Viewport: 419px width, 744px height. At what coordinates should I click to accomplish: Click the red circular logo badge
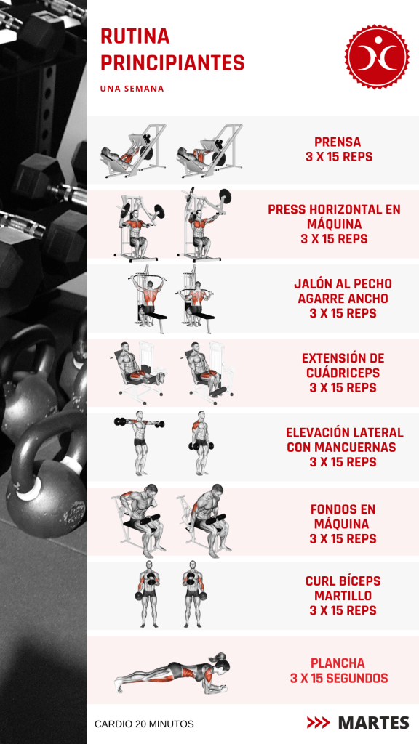tap(377, 56)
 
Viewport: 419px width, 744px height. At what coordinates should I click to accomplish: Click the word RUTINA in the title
tap(135, 36)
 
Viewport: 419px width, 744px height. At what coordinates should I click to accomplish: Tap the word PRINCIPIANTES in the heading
tap(172, 62)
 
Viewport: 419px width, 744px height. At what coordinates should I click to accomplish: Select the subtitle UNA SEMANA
tap(132, 89)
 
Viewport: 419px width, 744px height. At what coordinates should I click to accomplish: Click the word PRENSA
tap(338, 142)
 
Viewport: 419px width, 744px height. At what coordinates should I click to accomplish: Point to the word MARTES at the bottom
tap(373, 723)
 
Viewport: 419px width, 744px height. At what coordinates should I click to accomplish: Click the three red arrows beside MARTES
tap(319, 723)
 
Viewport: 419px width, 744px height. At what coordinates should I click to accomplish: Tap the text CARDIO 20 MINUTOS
tap(144, 724)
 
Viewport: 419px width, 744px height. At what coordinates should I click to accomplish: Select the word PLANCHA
tap(338, 663)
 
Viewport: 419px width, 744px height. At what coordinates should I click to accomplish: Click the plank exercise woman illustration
tap(172, 672)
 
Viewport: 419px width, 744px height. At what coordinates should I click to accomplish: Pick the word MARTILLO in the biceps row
tap(343, 596)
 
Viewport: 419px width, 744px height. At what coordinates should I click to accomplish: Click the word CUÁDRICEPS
tap(343, 373)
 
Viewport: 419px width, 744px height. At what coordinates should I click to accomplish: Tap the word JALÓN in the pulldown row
tap(312, 284)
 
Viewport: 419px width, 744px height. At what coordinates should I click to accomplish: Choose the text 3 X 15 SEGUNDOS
tap(339, 678)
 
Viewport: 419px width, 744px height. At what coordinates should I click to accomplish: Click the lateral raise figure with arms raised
tap(140, 443)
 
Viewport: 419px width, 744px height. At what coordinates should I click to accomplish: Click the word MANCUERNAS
tap(359, 447)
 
